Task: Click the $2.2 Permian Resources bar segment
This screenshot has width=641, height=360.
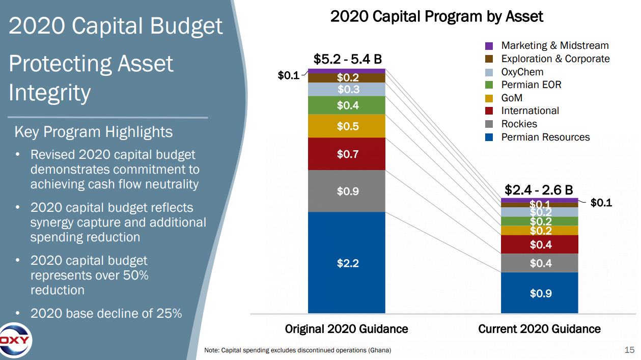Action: [347, 263]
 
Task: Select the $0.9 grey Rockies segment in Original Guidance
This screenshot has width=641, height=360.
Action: [347, 191]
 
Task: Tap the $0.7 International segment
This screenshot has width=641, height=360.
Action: [347, 154]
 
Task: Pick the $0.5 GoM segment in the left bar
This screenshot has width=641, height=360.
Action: [347, 126]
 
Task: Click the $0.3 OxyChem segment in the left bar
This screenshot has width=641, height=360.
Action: [347, 90]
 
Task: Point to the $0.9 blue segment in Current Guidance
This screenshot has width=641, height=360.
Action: [540, 293]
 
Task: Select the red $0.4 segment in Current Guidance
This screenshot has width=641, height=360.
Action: [540, 244]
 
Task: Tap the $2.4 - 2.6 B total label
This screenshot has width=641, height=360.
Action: [540, 190]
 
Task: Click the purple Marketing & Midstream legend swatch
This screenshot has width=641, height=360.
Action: [489, 46]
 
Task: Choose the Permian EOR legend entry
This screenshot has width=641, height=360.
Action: [531, 85]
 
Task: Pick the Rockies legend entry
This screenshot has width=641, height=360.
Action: [519, 124]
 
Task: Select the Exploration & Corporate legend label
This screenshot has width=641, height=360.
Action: [555, 59]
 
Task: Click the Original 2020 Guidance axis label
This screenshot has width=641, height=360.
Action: [347, 329]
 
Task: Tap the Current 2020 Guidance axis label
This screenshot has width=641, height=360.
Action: [540, 329]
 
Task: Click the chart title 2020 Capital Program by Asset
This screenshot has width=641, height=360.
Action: [437, 16]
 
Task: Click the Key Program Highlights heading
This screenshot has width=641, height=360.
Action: [94, 132]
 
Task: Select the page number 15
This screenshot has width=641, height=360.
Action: [629, 350]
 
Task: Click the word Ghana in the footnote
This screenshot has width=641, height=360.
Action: [380, 350]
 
